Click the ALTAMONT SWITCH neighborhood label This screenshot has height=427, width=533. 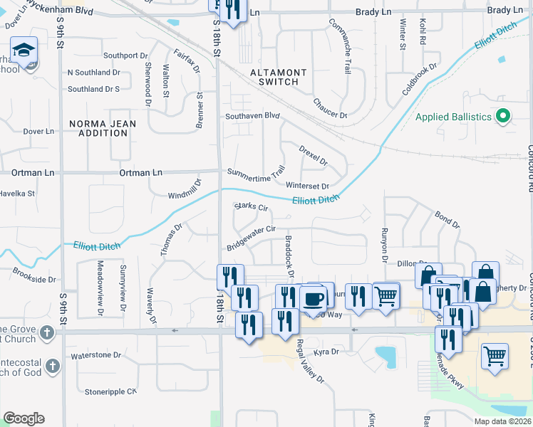[x=278, y=77]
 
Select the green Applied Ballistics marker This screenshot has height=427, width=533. [x=503, y=115]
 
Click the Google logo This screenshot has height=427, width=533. [x=24, y=418]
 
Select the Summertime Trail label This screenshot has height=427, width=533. [x=256, y=172]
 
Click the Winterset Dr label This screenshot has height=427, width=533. [x=307, y=186]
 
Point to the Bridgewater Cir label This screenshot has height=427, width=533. [x=251, y=238]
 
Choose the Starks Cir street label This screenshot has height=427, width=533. [x=251, y=207]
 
